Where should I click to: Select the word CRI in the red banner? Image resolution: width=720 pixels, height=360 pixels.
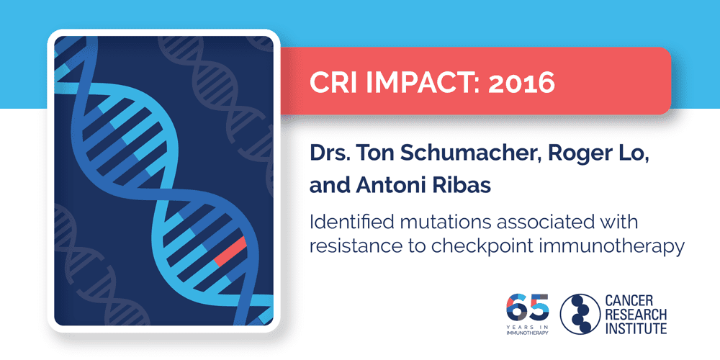click(335, 83)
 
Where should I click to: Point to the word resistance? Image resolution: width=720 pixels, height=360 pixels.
click(348, 246)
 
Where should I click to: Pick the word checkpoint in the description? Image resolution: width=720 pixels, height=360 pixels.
click(472, 246)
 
